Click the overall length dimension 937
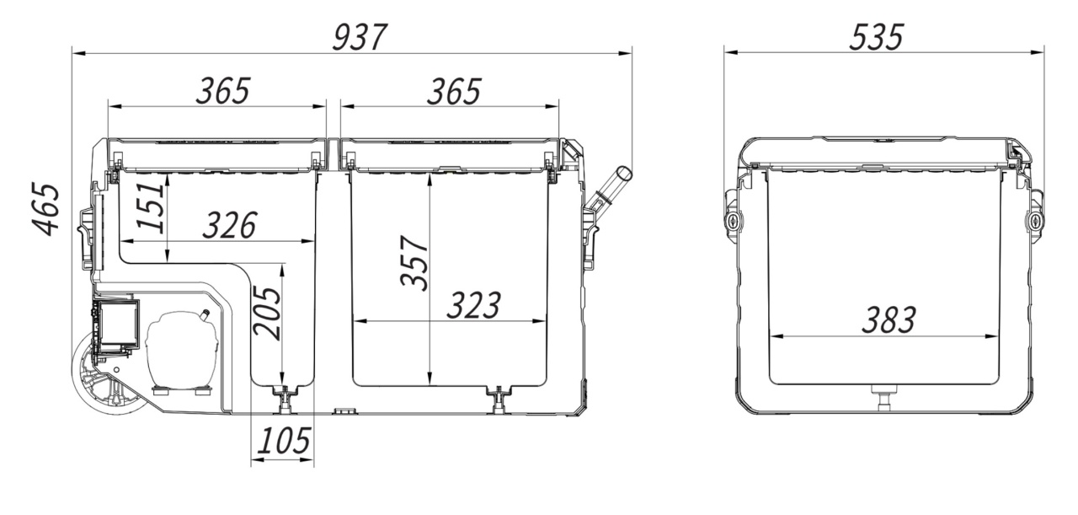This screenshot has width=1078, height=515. click(360, 37)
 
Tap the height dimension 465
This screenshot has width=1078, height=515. click(45, 210)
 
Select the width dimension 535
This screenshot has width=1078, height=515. click(877, 37)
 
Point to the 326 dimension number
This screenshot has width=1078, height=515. click(230, 224)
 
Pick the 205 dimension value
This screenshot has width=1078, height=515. click(267, 314)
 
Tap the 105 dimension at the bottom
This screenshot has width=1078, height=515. click(284, 440)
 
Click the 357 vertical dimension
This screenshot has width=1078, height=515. click(414, 263)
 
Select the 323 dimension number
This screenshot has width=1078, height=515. click(474, 305)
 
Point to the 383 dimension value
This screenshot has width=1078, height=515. click(889, 319)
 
